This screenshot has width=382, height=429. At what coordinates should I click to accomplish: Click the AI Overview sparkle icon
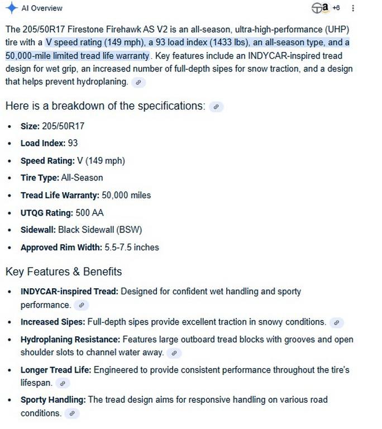[x=11, y=8]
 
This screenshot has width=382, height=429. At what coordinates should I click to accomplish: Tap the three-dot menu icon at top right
[x=353, y=8]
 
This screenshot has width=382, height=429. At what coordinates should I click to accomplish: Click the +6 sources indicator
[x=336, y=8]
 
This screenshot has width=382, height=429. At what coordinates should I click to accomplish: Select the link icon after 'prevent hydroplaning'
[x=139, y=82]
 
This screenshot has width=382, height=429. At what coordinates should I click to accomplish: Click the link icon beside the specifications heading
[x=216, y=107]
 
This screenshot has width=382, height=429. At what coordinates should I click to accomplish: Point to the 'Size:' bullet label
[x=30, y=126]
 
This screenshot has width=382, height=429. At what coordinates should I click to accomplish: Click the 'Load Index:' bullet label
[x=43, y=144]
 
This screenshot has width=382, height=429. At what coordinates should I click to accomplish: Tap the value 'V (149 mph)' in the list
[x=101, y=161]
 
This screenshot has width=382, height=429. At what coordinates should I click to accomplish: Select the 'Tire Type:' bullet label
[x=40, y=178]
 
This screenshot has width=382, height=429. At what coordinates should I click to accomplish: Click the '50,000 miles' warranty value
[x=126, y=196]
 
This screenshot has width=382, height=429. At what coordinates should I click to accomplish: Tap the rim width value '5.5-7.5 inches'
[x=132, y=247]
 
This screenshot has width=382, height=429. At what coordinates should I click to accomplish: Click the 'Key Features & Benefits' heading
[x=64, y=272]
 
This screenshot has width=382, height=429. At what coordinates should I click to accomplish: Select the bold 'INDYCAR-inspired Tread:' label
[x=69, y=292]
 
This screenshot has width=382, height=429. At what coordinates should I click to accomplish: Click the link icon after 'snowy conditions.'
[x=336, y=322]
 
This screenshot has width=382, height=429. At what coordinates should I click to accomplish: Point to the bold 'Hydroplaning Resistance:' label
[x=70, y=340]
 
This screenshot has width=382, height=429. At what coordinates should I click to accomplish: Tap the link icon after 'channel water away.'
[x=174, y=353]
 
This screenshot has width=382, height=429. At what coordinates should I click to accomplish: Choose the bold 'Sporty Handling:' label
[x=53, y=400]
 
